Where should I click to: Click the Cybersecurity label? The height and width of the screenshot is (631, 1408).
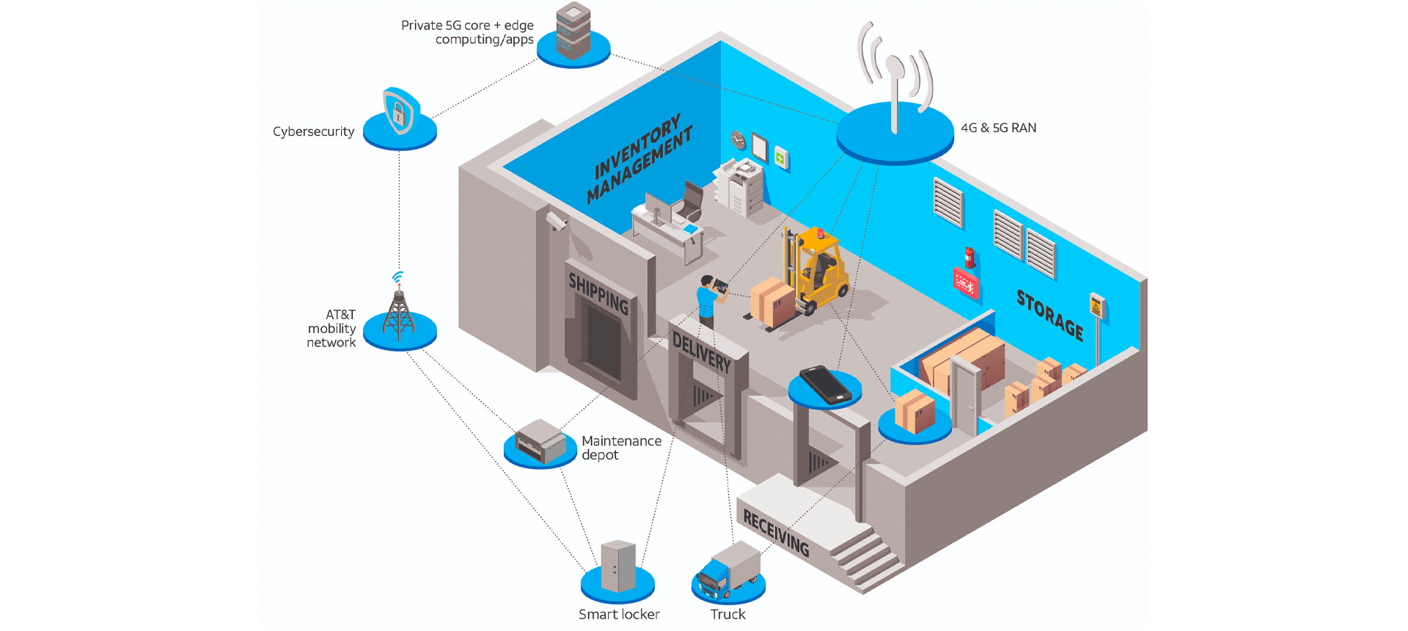(313, 131)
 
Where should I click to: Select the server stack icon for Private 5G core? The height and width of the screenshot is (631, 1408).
(573, 31)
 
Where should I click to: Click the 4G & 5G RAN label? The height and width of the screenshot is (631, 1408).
(998, 128)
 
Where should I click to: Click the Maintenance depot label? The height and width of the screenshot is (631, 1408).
(621, 448)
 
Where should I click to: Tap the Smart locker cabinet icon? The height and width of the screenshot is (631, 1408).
(618, 566)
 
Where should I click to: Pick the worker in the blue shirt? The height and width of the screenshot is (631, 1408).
(707, 300)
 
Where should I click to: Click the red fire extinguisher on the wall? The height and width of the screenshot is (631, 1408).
(969, 258)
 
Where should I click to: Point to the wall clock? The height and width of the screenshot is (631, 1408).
(738, 139)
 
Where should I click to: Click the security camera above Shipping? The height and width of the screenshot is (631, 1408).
(556, 220)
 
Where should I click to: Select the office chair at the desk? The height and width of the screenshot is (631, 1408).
(690, 201)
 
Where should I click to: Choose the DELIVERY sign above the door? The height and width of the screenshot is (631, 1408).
(702, 351)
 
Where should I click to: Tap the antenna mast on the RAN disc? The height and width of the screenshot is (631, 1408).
(894, 95)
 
